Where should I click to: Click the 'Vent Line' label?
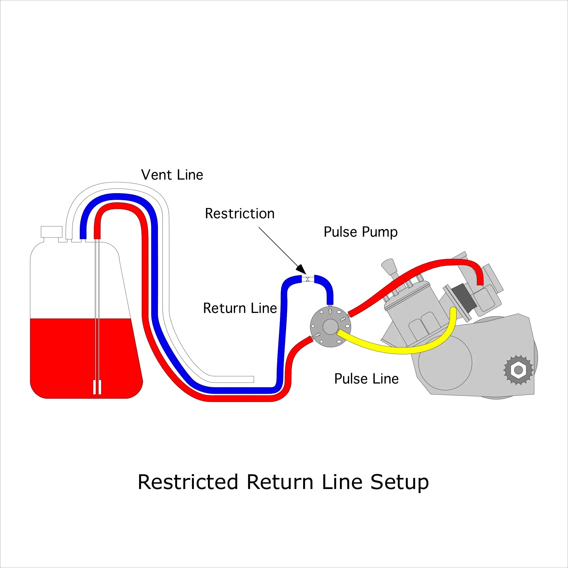(x=172, y=175)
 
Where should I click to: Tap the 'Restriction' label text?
(x=240, y=214)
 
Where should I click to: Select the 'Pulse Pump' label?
(x=361, y=232)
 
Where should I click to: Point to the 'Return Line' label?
(x=240, y=308)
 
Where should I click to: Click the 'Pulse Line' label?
(x=366, y=379)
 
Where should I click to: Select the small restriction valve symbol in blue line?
(x=308, y=279)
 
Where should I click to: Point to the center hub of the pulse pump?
(x=330, y=326)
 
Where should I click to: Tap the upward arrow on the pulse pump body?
(x=330, y=311)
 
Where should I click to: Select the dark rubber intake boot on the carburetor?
(x=463, y=297)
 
